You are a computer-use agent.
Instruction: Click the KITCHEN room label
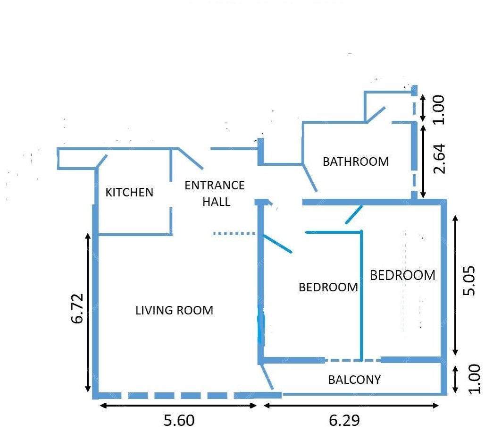click(129, 193)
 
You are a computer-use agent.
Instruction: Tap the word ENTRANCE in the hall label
click(215, 186)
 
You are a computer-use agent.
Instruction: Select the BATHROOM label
click(356, 161)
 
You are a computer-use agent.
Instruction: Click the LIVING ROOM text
click(175, 310)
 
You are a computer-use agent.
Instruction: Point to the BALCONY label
click(354, 380)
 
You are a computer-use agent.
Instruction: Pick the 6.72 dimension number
click(77, 308)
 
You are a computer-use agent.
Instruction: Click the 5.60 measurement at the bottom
click(179, 420)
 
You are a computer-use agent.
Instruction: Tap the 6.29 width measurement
click(344, 420)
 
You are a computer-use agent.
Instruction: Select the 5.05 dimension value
click(469, 280)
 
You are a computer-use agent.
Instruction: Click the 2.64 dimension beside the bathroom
click(439, 159)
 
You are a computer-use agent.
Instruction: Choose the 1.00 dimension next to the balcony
click(474, 379)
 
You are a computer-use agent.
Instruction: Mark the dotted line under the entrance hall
click(234, 233)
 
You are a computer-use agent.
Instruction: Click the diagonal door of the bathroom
click(309, 178)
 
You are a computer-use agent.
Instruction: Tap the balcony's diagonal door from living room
click(267, 377)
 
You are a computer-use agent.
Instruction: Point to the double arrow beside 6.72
click(88, 313)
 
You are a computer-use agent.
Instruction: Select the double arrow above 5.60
click(178, 406)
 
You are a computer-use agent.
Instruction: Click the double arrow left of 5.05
click(455, 285)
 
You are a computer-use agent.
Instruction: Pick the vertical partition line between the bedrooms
click(361, 296)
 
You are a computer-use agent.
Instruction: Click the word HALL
click(216, 202)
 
